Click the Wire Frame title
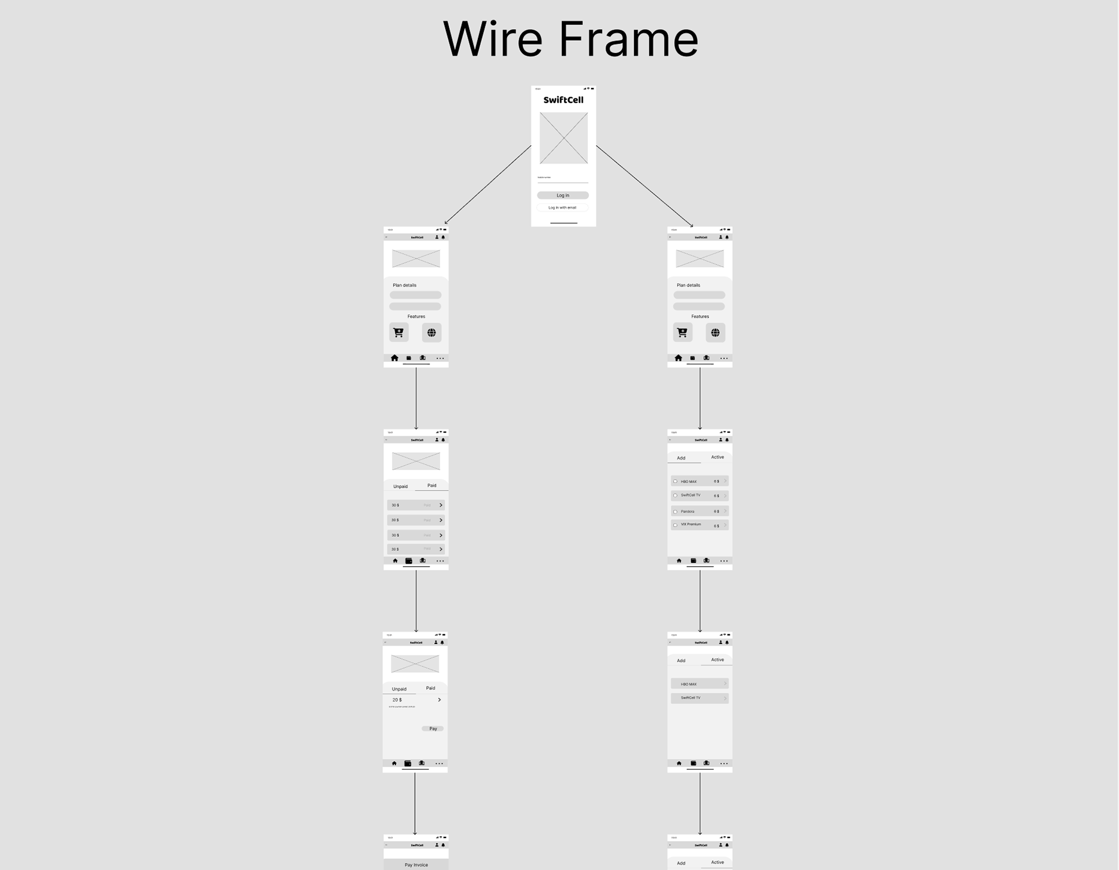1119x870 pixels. (571, 39)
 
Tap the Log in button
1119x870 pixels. (562, 195)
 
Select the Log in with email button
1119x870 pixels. (562, 207)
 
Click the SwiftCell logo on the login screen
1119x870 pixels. (563, 100)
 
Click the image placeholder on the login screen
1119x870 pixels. (563, 138)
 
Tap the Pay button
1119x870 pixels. (432, 728)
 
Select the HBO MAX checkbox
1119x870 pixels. (675, 481)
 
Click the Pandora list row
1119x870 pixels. (699, 511)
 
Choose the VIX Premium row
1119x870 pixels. (699, 525)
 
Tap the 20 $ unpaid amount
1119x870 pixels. (397, 700)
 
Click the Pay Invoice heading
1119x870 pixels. (416, 865)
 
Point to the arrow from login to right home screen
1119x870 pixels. (644, 186)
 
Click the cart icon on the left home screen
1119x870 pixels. (399, 332)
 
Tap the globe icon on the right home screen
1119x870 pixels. (715, 332)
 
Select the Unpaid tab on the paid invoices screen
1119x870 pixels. (400, 487)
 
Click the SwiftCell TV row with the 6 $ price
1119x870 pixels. (699, 496)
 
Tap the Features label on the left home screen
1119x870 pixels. (416, 316)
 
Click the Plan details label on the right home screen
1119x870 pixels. (688, 286)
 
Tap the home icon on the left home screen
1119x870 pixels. (395, 358)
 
